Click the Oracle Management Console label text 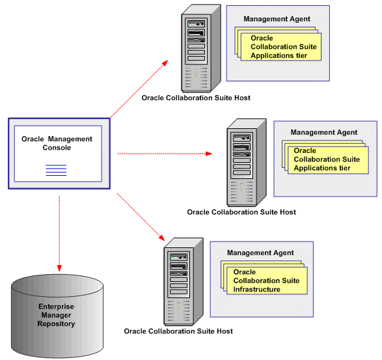[57, 143]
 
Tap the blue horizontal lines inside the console [56, 171]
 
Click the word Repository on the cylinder [56, 324]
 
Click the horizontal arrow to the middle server [166, 154]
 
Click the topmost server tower [196, 49]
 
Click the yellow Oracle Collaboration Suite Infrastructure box [267, 281]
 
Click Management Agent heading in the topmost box [277, 19]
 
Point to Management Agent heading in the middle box [324, 133]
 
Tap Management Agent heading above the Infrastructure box [260, 253]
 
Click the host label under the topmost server [196, 98]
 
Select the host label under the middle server [241, 212]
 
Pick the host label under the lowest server [178, 331]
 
